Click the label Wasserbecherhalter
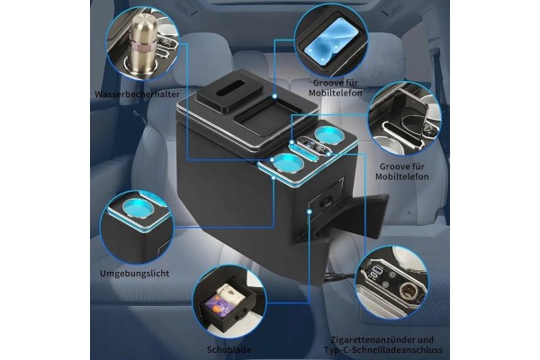[137, 94]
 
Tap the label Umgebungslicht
[135, 274]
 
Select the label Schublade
[229, 350]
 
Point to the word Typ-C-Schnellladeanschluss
[383, 350]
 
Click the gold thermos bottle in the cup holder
[141, 45]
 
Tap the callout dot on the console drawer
[310, 211]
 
